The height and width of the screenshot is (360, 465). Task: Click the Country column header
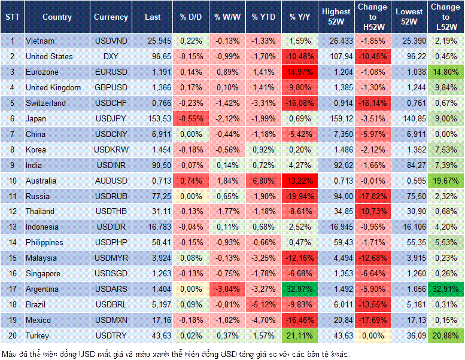click(x=57, y=17)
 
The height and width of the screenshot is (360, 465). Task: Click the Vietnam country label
click(x=40, y=41)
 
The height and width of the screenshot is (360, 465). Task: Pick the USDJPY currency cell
click(x=110, y=118)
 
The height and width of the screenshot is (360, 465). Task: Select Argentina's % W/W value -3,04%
click(x=227, y=289)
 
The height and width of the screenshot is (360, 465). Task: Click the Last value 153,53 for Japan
click(x=154, y=118)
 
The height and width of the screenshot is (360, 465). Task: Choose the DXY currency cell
click(x=110, y=56)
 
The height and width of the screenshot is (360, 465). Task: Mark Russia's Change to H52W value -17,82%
click(x=374, y=196)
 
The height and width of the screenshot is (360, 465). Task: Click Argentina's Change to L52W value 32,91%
click(x=446, y=289)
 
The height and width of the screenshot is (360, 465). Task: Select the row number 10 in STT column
click(x=11, y=181)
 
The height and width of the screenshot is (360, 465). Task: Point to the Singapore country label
click(x=43, y=273)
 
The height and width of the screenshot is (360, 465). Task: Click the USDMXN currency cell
click(x=110, y=320)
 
